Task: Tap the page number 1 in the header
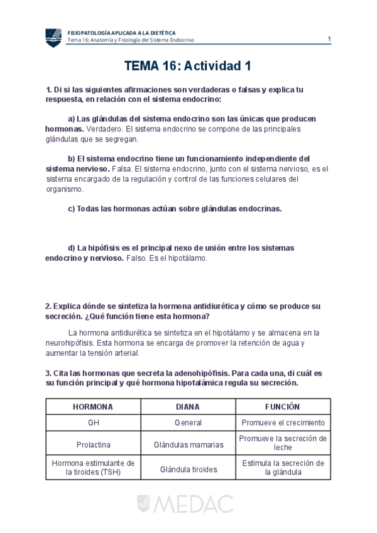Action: click(329, 39)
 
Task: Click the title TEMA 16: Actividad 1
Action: click(188, 65)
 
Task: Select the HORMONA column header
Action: click(93, 407)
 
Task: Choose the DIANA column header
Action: click(188, 407)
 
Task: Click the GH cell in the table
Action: click(93, 422)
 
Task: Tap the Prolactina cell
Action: click(93, 444)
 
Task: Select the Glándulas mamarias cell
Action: click(188, 444)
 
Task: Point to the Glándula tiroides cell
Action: click(188, 469)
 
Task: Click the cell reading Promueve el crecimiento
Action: click(283, 422)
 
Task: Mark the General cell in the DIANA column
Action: click(188, 422)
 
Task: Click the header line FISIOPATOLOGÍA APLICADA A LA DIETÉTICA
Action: click(121, 32)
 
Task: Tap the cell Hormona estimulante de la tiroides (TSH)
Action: click(93, 468)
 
